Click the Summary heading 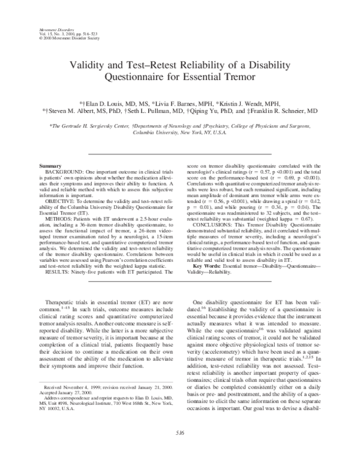(x=49, y=165)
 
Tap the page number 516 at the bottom (x=179, y=448)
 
